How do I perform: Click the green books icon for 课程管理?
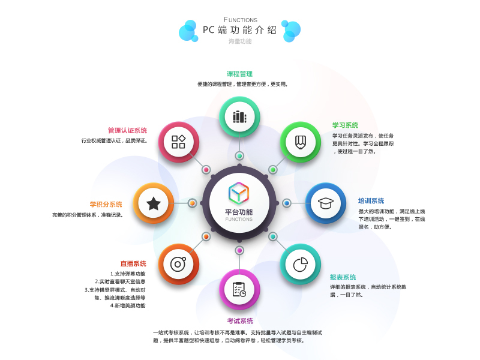[x=239, y=117]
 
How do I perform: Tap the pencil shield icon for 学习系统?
[x=301, y=142]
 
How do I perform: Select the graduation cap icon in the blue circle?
[x=326, y=203]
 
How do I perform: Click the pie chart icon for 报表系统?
[x=301, y=264]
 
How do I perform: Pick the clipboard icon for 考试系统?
[x=239, y=289]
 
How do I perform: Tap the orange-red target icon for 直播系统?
[x=178, y=264]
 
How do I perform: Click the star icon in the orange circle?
[x=154, y=203]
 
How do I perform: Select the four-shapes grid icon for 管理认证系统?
[x=178, y=142]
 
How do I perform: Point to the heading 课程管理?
[x=239, y=74]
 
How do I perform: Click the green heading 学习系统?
[x=345, y=125]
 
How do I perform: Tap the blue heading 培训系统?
[x=371, y=201]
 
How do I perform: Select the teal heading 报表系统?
[x=343, y=277]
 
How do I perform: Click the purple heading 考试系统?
[x=239, y=321]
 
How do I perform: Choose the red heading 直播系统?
[x=133, y=263]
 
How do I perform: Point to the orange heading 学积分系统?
[x=106, y=205]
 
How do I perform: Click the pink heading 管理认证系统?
[x=127, y=130]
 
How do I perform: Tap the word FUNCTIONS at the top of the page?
[x=240, y=20]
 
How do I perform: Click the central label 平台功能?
[x=239, y=212]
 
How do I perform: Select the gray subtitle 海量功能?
[x=240, y=41]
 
